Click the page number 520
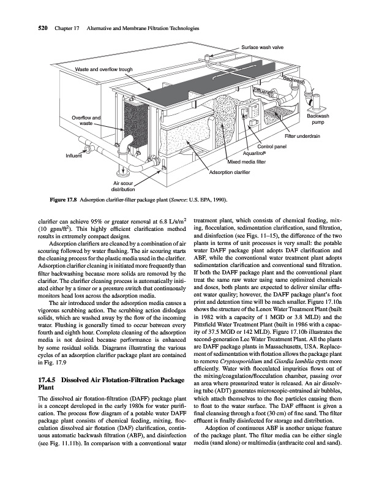(20, 28)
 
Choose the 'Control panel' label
(272, 146)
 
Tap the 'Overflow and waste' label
(86, 121)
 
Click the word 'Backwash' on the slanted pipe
(295, 81)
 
